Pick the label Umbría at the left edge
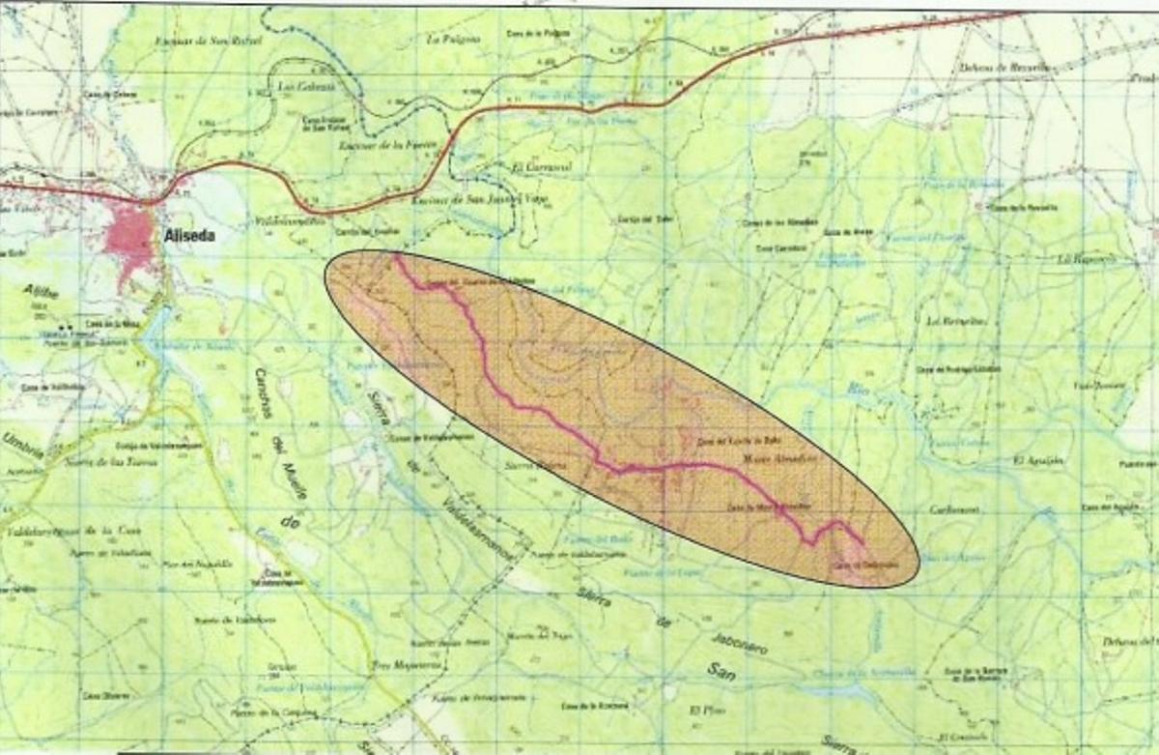[x=22, y=444]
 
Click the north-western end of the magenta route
[x=396, y=257]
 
